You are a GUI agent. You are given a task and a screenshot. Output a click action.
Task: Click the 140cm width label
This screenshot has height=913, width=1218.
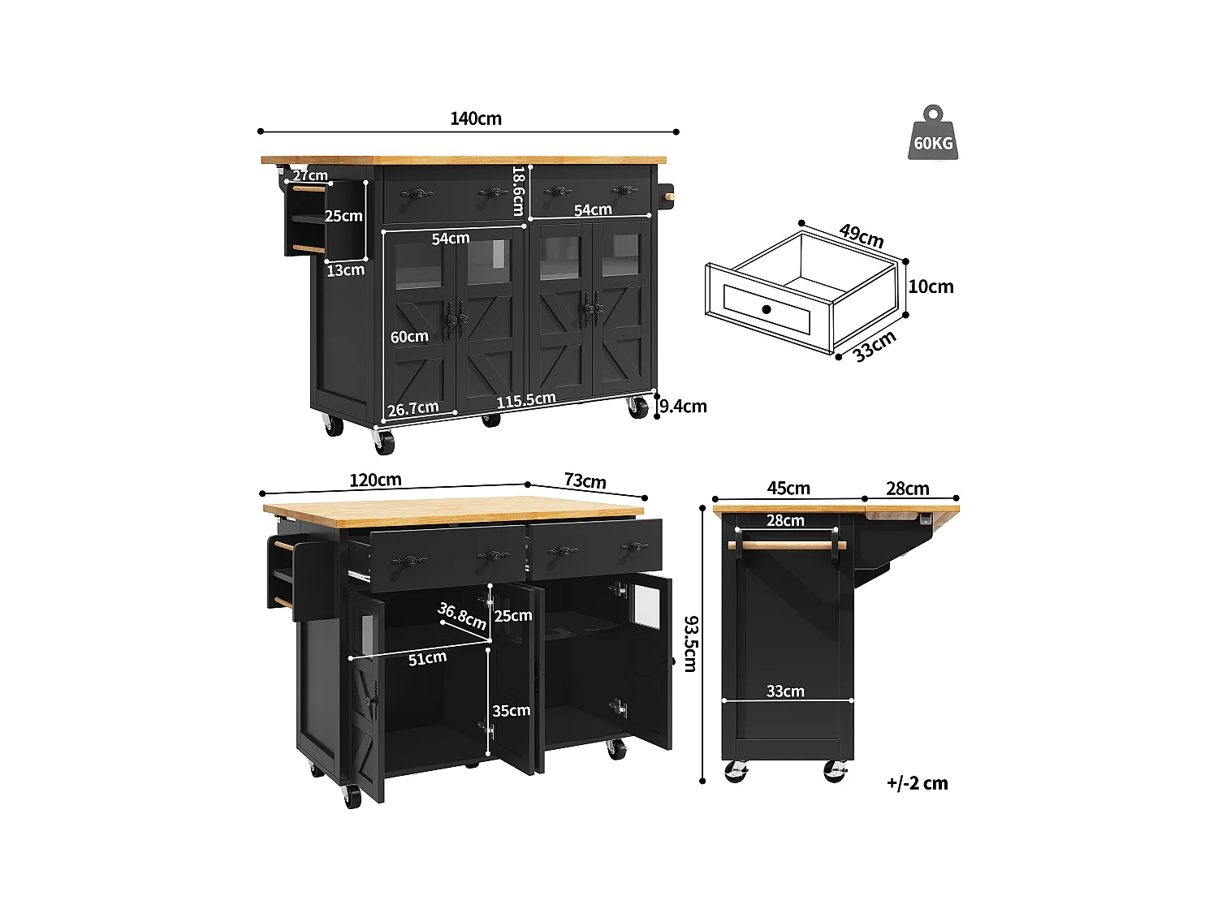[476, 118]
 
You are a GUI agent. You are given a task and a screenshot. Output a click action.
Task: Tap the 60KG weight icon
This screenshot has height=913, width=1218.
[933, 134]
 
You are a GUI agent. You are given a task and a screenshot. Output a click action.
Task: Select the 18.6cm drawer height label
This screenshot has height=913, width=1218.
[519, 192]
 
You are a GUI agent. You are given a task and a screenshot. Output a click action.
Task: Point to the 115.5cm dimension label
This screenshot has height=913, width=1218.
[526, 400]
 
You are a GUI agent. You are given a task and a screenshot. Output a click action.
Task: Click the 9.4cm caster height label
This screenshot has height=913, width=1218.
[683, 406]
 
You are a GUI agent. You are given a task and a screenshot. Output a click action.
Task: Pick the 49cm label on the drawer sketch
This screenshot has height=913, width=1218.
[862, 235]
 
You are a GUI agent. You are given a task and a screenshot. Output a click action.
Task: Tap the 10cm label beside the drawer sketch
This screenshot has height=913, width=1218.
[931, 286]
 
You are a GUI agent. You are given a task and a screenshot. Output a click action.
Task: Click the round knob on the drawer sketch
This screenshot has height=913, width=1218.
[767, 309]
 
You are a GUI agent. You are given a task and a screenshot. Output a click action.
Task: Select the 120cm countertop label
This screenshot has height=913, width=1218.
[375, 480]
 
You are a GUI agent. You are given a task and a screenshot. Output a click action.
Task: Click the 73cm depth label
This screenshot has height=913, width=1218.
[585, 481]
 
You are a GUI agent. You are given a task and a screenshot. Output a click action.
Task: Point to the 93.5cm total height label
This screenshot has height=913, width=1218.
[690, 644]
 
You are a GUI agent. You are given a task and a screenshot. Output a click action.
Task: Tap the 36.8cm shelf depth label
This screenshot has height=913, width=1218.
[462, 616]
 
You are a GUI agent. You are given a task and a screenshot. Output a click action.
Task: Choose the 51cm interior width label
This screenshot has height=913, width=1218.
[427, 658]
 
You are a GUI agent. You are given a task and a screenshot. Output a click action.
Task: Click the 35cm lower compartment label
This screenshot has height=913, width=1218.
[512, 711]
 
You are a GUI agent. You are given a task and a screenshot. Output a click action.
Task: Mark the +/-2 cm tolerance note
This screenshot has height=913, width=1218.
[917, 783]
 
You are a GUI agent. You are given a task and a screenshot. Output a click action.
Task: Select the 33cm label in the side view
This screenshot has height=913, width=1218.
[785, 691]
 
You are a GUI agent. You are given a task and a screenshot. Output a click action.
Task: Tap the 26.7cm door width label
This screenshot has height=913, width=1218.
[412, 408]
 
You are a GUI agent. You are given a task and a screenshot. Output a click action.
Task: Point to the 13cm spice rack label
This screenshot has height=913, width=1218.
[345, 270]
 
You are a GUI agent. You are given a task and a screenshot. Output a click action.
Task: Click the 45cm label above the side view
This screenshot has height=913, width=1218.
[788, 488]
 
